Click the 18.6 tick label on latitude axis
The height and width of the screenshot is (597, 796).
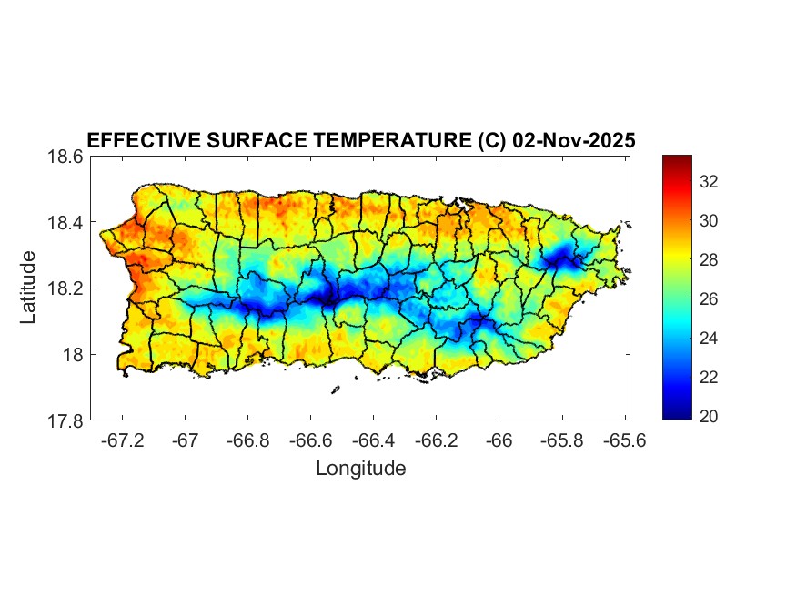click(x=65, y=157)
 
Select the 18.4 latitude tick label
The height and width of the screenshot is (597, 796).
click(x=65, y=223)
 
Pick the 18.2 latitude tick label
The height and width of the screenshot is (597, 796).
click(x=65, y=288)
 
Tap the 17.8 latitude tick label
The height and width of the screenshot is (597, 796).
click(x=65, y=420)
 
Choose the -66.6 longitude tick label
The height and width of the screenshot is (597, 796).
click(x=310, y=440)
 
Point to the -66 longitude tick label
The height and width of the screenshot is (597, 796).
click(x=499, y=440)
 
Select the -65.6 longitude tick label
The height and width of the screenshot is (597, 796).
click(x=624, y=440)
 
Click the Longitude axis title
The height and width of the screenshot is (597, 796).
click(x=360, y=469)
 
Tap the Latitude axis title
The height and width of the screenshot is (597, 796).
click(x=29, y=288)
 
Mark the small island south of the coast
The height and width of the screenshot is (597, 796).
click(x=335, y=390)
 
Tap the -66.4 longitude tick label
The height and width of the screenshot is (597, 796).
click(x=373, y=440)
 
